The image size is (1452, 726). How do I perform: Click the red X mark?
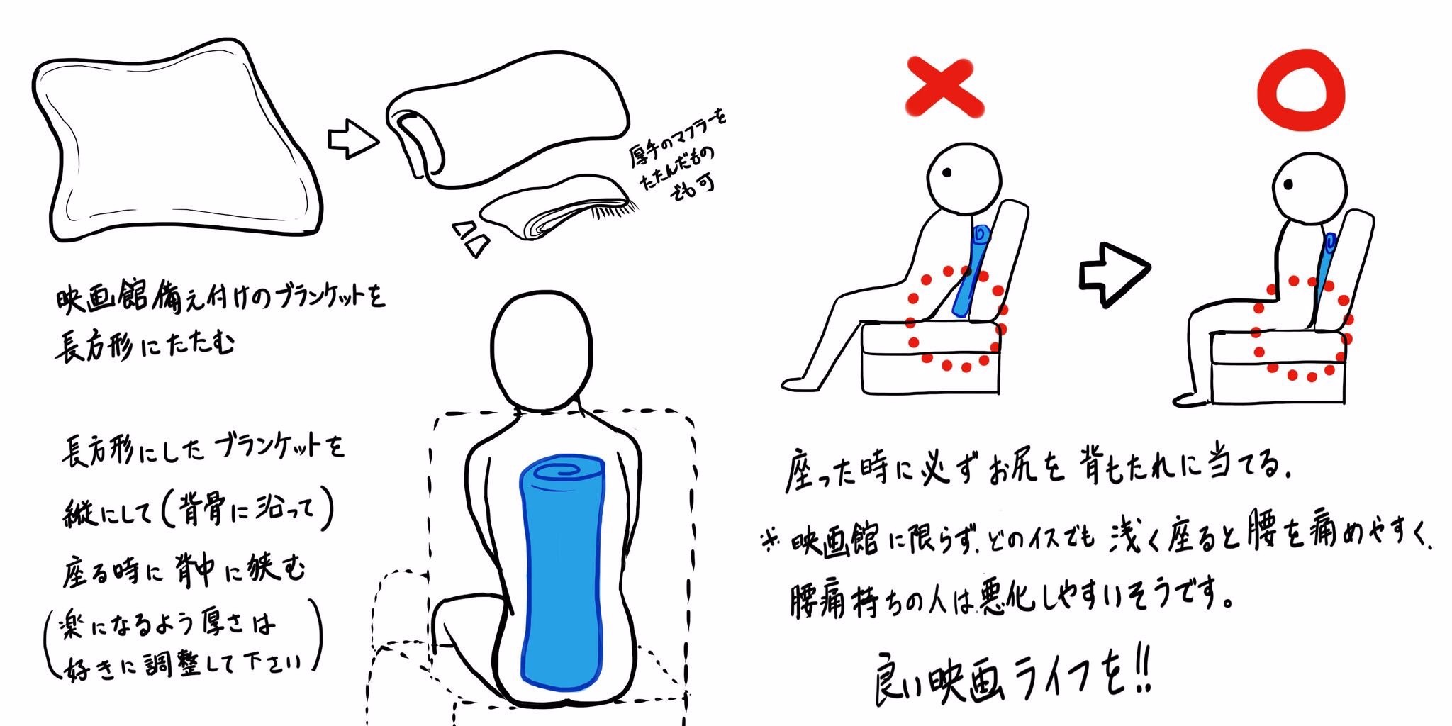coord(944,87)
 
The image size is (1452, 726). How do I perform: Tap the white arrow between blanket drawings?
coord(352,139)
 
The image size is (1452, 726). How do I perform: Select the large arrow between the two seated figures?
coord(1114,274)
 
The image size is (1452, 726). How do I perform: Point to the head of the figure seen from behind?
coord(542,353)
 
